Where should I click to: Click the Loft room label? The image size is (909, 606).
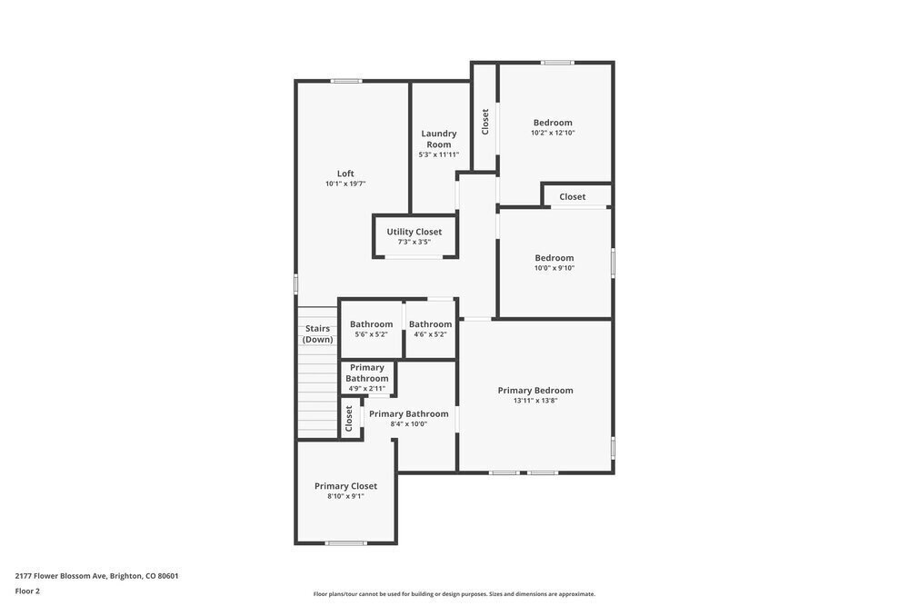(345, 174)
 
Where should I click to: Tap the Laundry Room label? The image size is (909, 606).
(439, 139)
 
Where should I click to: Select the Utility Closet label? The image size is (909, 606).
(415, 232)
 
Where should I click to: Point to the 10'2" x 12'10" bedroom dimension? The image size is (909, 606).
(553, 133)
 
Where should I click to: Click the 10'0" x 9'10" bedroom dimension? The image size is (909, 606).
(554, 268)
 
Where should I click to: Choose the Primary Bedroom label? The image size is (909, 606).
(535, 391)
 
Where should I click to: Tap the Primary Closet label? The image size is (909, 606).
(345, 486)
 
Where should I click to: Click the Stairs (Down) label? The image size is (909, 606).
(318, 333)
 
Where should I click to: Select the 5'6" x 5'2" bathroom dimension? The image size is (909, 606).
(371, 334)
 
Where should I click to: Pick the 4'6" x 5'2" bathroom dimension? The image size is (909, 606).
(430, 334)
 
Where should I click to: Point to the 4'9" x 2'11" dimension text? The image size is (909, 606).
(367, 389)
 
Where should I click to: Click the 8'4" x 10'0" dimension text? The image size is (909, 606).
(408, 423)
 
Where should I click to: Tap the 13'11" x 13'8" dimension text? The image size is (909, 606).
(535, 401)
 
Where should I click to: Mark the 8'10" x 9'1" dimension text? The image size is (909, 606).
(345, 496)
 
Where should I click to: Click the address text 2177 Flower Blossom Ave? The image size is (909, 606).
(96, 575)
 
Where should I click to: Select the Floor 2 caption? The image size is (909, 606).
(27, 591)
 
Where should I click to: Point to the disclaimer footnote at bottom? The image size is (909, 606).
(454, 594)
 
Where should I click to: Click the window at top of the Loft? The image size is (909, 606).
(346, 81)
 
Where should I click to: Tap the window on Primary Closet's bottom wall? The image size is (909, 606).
(346, 543)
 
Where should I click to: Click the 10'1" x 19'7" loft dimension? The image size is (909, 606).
(345, 184)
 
